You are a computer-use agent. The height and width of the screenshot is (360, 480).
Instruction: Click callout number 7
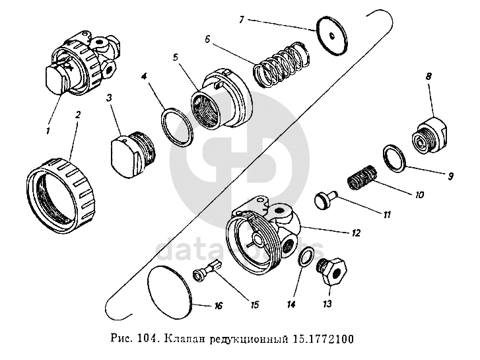(242, 20)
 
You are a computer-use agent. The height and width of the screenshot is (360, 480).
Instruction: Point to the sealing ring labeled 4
(175, 126)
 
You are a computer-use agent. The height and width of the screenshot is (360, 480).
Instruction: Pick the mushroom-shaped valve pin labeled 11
(326, 198)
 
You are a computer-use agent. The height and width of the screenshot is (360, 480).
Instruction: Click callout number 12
(356, 233)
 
